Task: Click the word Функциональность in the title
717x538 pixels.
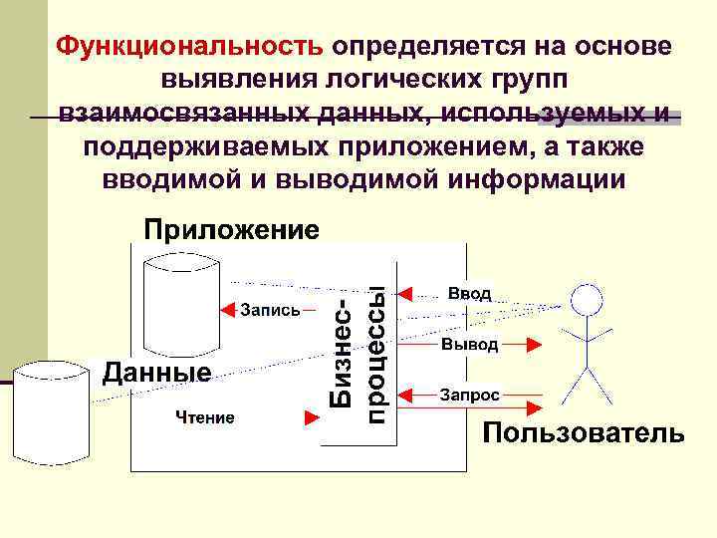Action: (x=189, y=47)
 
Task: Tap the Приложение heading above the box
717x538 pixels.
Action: (x=232, y=230)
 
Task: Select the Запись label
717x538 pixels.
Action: (x=270, y=310)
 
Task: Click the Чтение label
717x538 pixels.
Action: (x=206, y=417)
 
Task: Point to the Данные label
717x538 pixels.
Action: (x=157, y=372)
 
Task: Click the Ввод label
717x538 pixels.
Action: (x=468, y=293)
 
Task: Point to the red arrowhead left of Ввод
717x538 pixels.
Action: (x=404, y=293)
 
